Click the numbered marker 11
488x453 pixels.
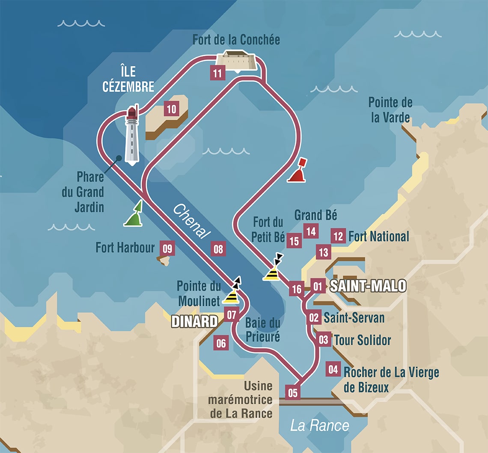[217, 73]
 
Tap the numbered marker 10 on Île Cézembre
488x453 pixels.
[171, 109]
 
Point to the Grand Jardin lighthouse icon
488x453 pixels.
[132, 136]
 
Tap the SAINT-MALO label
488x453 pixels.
[367, 286]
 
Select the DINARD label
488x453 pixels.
[195, 322]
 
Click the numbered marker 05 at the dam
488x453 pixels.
[293, 392]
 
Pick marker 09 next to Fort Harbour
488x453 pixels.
[167, 248]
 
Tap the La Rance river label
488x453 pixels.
[319, 426]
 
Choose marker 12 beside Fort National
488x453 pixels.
[338, 236]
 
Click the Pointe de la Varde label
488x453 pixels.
[390, 110]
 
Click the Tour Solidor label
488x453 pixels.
[362, 340]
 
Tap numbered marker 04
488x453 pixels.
[333, 369]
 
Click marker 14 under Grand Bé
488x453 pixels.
[311, 231]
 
